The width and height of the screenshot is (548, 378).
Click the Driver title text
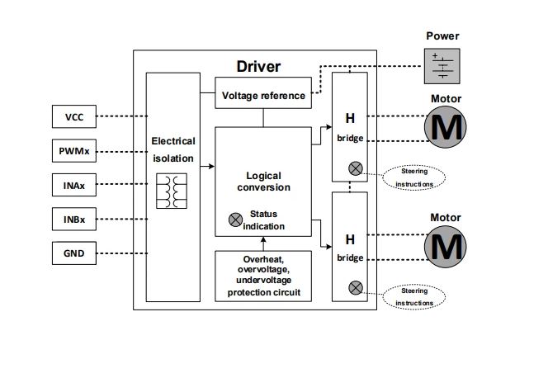point(258,65)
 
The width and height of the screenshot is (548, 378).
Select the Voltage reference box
point(263,96)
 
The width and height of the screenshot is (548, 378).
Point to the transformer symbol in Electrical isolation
point(172,191)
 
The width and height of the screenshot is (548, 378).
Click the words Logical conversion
point(263,182)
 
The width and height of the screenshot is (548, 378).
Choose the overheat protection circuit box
point(263,276)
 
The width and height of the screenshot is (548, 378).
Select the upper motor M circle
point(446,128)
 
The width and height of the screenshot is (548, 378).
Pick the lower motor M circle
point(446,246)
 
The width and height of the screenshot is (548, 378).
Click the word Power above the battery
point(442,36)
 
